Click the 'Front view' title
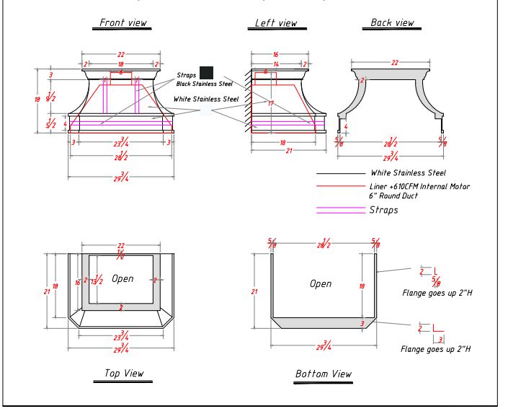[122, 23]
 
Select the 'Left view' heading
[276, 23]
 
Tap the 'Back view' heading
[392, 23]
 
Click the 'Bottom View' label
[324, 374]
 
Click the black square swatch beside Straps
[206, 73]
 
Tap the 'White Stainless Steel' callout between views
[205, 99]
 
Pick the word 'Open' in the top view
[123, 278]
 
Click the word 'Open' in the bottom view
[321, 283]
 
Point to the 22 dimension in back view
[395, 63]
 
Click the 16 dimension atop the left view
[275, 55]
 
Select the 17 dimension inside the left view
[270, 104]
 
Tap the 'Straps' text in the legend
[383, 210]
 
